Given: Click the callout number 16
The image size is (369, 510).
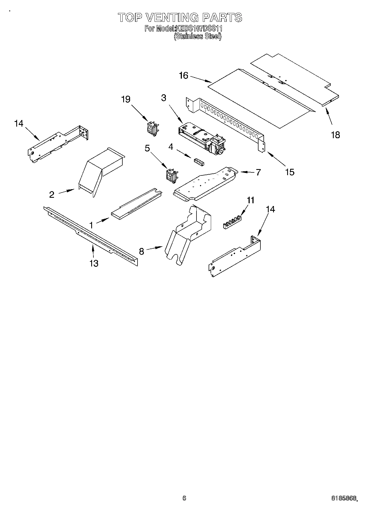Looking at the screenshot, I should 184,75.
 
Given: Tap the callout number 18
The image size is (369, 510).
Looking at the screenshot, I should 335,135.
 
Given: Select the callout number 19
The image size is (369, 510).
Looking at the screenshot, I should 126,99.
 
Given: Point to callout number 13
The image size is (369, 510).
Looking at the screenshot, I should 94,263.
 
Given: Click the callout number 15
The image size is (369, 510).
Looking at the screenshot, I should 290,172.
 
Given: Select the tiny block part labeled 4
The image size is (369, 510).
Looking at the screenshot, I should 198,162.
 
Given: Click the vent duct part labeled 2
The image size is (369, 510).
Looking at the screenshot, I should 101,171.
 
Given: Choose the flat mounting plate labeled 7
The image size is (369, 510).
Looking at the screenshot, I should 205,183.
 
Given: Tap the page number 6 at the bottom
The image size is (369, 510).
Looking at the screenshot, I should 184,498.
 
